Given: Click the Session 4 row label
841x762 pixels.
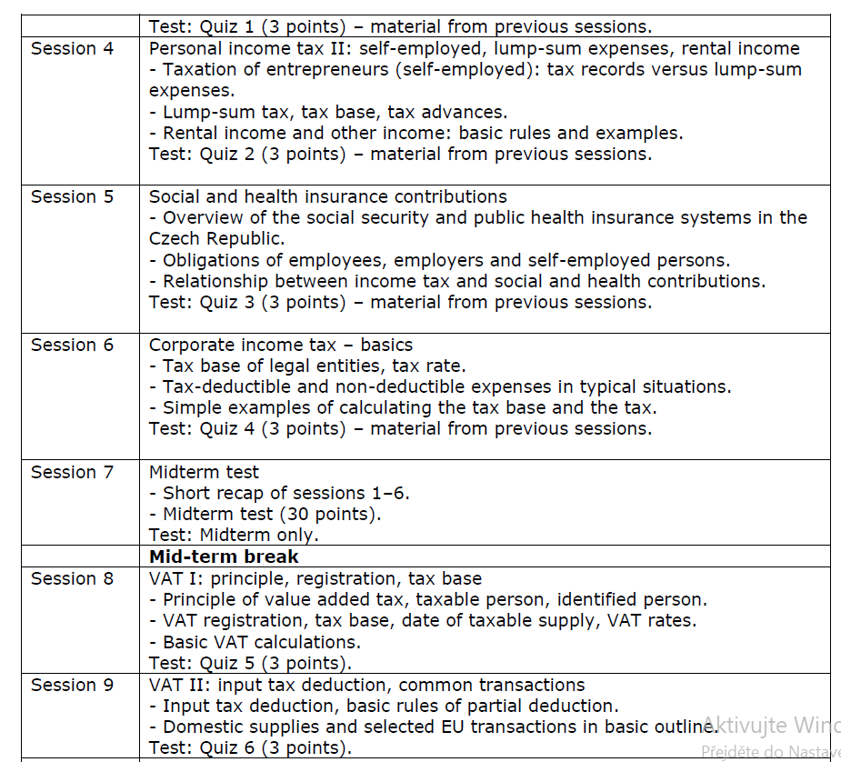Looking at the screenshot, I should pyautogui.click(x=73, y=49).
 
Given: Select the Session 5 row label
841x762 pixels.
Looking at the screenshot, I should pyautogui.click(x=73, y=197).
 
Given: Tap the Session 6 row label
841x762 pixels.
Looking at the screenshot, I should pyautogui.click(x=73, y=346).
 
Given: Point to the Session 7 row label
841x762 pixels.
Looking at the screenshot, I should pyautogui.click(x=73, y=473).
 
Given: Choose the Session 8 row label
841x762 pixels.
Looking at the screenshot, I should pyautogui.click(x=73, y=579).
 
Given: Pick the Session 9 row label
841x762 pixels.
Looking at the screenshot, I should pyautogui.click(x=73, y=686).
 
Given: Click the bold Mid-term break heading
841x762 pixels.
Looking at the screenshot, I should pyautogui.click(x=224, y=556).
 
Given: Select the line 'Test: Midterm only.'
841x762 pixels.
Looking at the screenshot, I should pyautogui.click(x=234, y=536).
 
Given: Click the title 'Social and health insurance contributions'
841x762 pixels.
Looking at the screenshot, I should pyautogui.click(x=328, y=197).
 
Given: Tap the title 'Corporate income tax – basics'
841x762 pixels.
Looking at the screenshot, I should pyautogui.click(x=281, y=346).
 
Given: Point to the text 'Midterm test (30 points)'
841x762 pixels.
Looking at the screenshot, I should pyautogui.click(x=272, y=515).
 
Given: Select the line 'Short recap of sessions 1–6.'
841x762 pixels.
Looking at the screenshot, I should pyautogui.click(x=285, y=494).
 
